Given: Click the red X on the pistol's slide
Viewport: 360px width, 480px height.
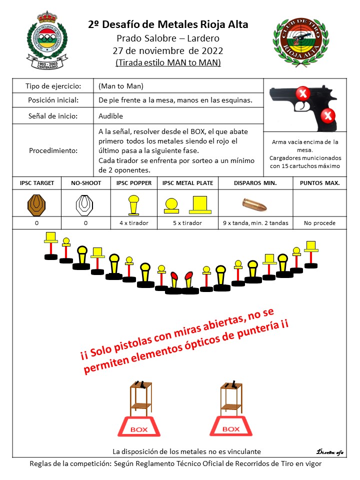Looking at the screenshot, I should tap(302, 92).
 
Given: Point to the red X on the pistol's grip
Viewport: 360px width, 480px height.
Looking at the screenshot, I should tap(327, 116).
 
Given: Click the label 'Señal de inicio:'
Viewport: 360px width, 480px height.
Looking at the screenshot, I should tap(53, 116).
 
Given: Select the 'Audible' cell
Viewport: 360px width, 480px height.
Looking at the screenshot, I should tap(110, 116).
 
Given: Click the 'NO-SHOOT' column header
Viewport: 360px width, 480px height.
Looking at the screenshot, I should tap(85, 183).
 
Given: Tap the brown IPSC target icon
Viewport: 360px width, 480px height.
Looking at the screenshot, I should tap(36, 204).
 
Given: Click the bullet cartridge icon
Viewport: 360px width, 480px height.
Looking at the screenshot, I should tap(254, 204).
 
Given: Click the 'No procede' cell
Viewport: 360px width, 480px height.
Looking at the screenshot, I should tap(319, 223).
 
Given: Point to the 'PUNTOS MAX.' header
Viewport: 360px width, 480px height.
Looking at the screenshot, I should tap(319, 183).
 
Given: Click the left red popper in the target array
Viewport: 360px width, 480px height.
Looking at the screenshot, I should tap(174, 278).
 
